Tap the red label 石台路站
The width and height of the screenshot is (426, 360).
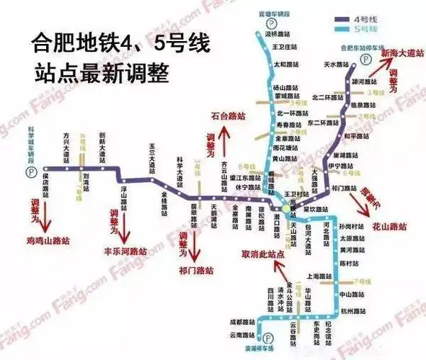coord(227,115)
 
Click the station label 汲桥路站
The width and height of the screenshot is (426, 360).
coord(279,33)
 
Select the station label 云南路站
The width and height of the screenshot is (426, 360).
coord(244,336)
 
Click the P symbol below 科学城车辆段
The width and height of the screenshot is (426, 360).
coord(30,173)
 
